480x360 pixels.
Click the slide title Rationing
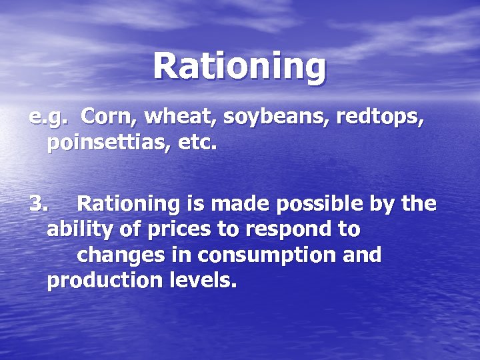(240, 66)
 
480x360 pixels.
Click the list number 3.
(38, 203)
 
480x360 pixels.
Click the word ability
(77, 230)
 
